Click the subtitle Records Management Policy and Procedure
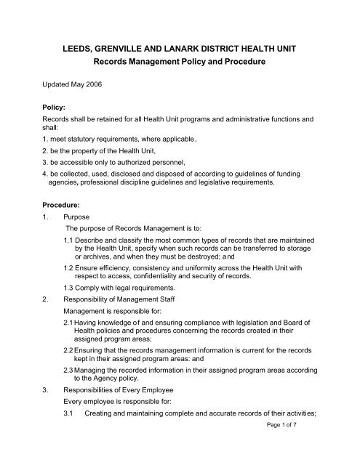point(179,63)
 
